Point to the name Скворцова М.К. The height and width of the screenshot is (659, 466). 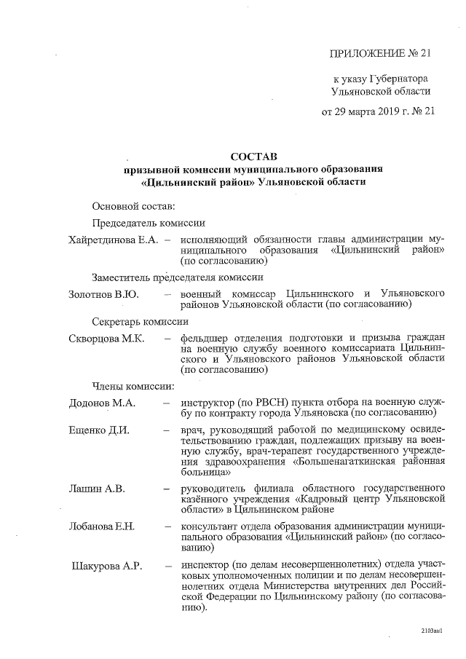tap(106, 339)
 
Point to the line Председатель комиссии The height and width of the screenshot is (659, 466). tap(149, 224)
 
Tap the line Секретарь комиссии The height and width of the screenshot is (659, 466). tap(141, 321)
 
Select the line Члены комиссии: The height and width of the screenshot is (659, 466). tap(132, 385)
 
